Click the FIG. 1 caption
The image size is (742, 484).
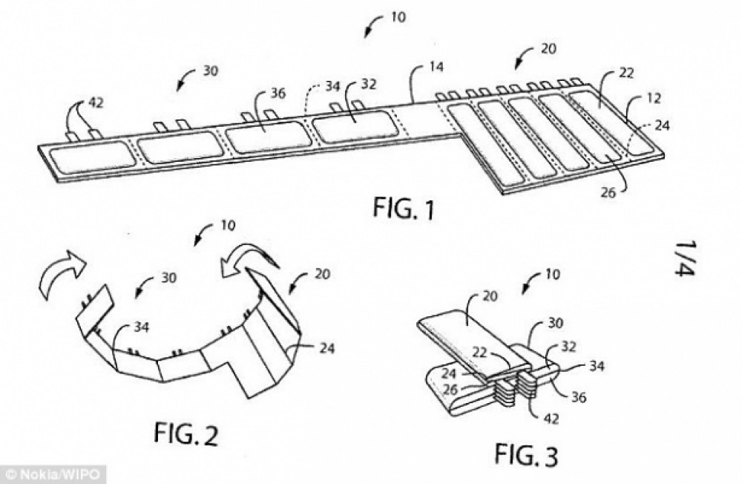pos(403,209)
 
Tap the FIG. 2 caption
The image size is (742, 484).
pos(186,433)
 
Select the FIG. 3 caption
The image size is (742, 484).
pos(526,454)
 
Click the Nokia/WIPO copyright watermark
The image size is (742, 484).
pos(53,474)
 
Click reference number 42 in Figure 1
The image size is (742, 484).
pos(96,102)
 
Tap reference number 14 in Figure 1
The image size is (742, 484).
pos(436,67)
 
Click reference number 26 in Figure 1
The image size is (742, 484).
pos(608,192)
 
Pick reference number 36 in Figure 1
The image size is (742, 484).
pos(278,94)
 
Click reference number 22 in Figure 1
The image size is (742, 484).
pos(626,73)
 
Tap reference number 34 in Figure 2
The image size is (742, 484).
pos(141,327)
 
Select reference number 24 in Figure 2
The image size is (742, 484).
pos(326,349)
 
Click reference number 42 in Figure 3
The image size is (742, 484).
pos(551,419)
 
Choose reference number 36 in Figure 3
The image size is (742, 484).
pos(578,397)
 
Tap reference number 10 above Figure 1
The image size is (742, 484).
pos(399,17)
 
